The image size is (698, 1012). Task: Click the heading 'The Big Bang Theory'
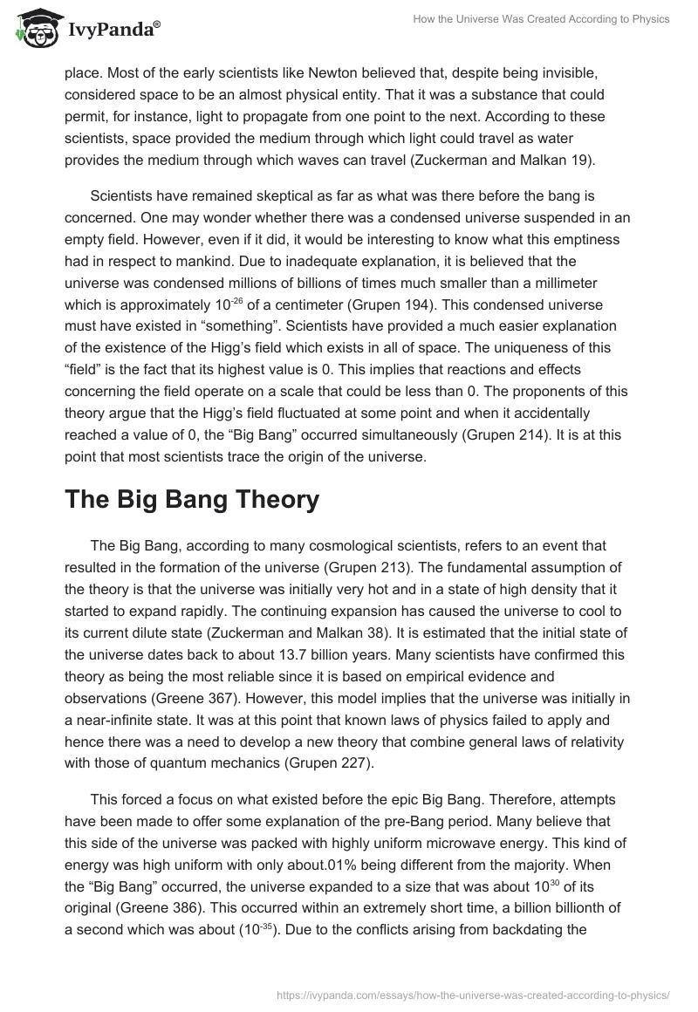tap(192, 500)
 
